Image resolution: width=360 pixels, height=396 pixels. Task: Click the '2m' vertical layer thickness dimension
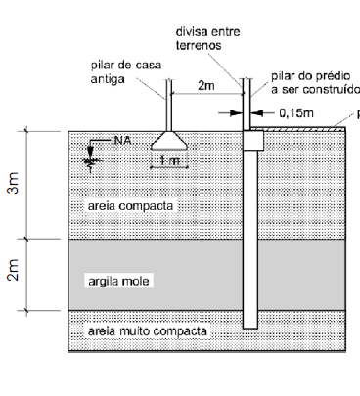[x=13, y=275]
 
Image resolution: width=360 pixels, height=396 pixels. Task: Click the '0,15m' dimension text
[x=294, y=113]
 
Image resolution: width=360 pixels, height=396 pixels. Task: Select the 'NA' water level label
[x=122, y=141]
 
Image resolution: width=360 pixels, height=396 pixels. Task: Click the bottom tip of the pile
[x=250, y=327]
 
